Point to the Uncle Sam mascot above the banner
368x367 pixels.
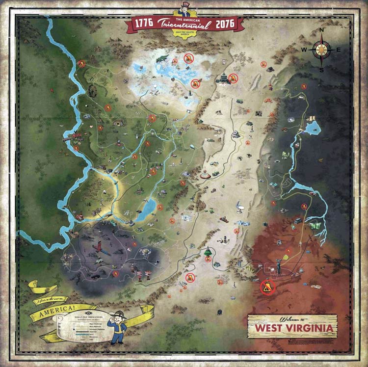184,7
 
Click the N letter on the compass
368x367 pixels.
322,30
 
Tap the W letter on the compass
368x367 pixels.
304,50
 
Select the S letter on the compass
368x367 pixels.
322,69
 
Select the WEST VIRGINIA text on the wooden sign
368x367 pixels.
292,327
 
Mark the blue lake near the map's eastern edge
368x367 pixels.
313,129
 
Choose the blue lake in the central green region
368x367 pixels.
145,210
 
